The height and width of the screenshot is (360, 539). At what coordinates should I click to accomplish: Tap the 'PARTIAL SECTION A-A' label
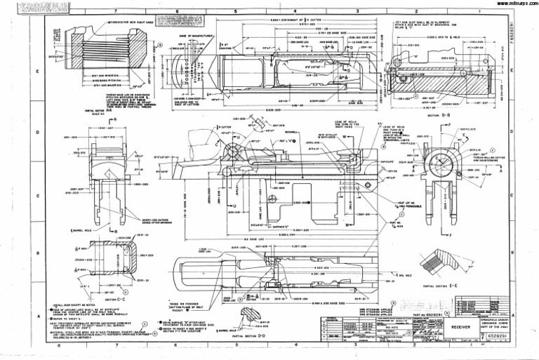pos(84,110)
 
